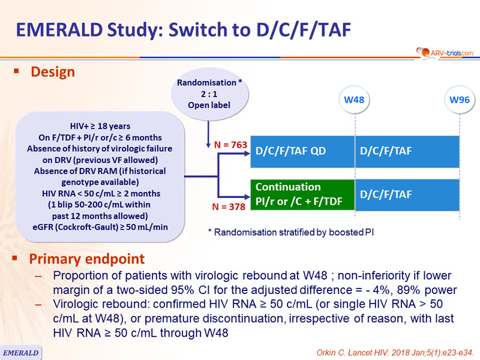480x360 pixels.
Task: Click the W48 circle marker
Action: coord(354,100)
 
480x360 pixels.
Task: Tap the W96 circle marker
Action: coord(460,100)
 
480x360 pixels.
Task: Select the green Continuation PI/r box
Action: coord(303,194)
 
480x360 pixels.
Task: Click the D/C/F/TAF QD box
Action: coord(303,152)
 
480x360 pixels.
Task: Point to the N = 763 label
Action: coord(230,145)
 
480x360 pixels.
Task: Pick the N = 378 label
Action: coord(229,207)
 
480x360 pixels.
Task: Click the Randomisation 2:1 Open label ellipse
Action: coord(209,94)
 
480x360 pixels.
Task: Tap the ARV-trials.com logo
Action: coord(445,53)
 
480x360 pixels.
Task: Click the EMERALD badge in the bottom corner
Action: coord(20,353)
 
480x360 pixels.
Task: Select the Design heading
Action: coord(53,72)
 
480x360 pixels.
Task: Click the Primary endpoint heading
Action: coord(86,259)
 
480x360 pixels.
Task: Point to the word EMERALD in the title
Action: coord(59,29)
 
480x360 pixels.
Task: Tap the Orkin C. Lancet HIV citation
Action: coord(395,353)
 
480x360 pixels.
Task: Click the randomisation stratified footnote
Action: coord(291,232)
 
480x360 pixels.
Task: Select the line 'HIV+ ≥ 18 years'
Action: coord(100,126)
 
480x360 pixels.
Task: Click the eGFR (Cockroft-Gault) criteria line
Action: coord(100,227)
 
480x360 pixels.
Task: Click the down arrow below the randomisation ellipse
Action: coord(208,134)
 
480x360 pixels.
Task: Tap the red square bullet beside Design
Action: coord(16,71)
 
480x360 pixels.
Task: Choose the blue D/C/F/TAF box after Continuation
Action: coord(407,194)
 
